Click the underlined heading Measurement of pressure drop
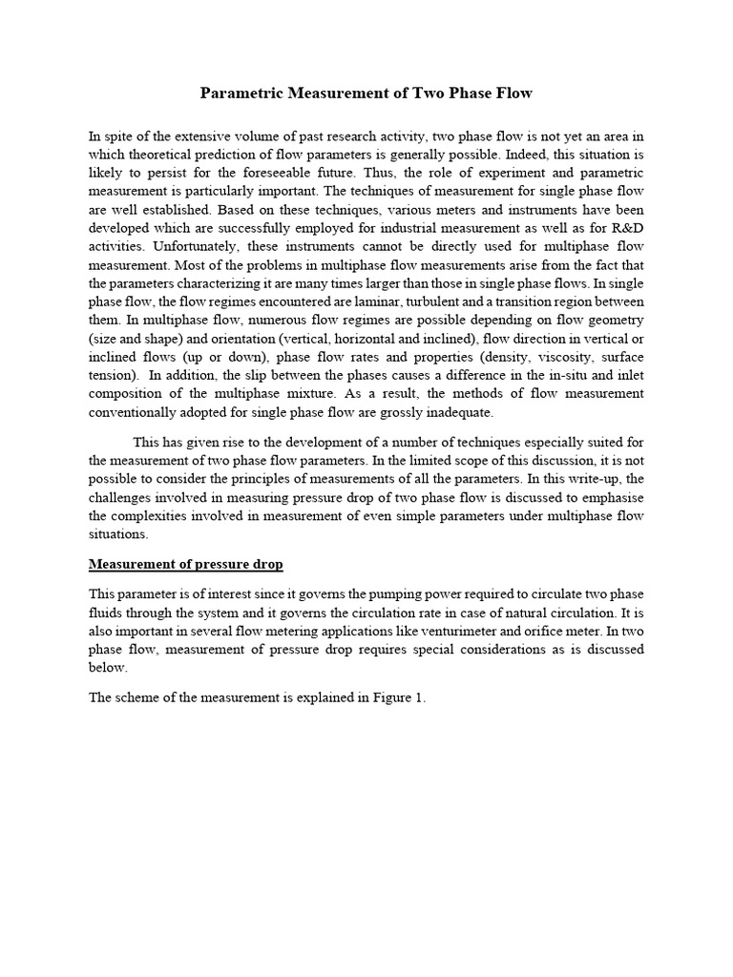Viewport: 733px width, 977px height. [x=185, y=564]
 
